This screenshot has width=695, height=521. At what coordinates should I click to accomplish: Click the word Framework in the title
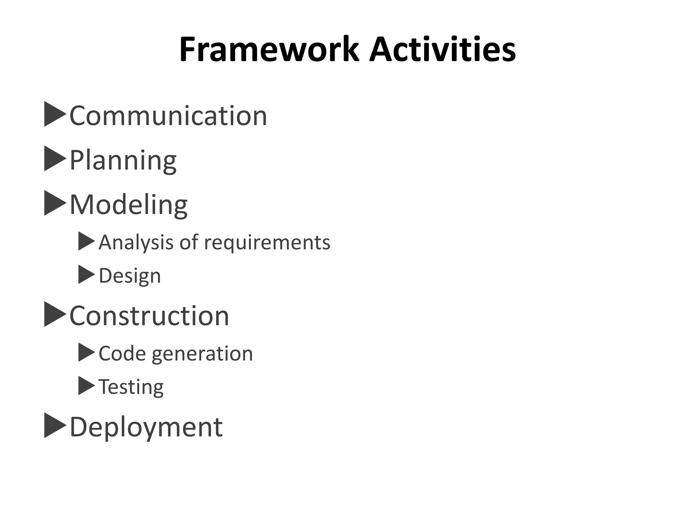click(269, 50)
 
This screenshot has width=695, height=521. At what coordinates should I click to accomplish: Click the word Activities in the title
click(443, 50)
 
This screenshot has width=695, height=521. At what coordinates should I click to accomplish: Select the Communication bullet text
click(168, 116)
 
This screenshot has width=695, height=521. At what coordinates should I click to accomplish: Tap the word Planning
click(123, 160)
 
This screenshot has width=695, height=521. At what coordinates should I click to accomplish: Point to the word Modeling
click(129, 205)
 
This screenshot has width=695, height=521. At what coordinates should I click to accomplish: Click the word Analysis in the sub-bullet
click(136, 243)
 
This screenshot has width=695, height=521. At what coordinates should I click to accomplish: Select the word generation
click(202, 354)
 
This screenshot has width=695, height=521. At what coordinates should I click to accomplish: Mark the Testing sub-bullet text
click(131, 387)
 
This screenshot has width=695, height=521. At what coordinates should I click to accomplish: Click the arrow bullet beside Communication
click(54, 114)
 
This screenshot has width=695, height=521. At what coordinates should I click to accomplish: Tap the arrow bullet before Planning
click(54, 158)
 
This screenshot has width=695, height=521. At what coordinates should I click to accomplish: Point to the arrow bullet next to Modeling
click(54, 203)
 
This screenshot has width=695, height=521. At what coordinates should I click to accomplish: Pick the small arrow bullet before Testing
click(86, 386)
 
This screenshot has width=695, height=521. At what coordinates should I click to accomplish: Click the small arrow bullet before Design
click(86, 274)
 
